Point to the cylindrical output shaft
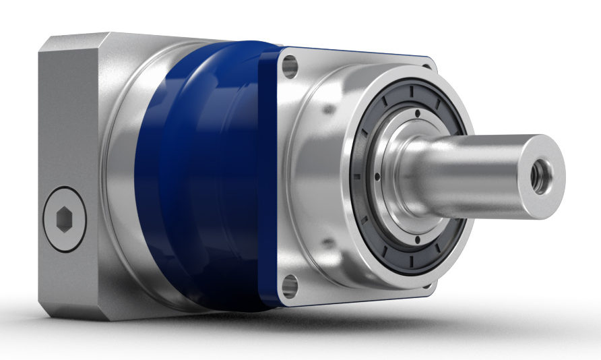pos(472,175)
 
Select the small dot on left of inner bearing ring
pos(377,177)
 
